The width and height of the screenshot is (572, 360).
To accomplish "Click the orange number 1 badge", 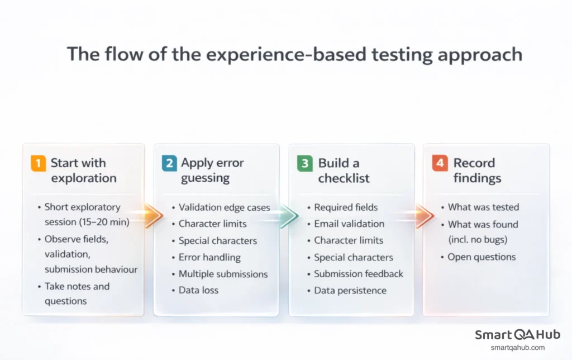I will (38, 163).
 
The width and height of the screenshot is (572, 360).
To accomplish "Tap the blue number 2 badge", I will (169, 163).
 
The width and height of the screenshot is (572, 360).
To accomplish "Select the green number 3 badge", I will (304, 163).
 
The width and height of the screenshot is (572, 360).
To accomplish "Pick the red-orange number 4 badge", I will (440, 163).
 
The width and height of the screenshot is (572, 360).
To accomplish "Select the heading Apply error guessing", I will (212, 170).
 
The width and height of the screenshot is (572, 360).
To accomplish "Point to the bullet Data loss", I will (198, 290).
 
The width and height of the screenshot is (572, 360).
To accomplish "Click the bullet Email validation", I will (349, 224).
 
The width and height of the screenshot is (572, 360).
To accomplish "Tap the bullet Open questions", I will (482, 257).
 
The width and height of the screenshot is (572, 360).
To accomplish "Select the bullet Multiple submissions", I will (223, 274).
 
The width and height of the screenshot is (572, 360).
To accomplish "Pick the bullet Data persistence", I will (350, 290).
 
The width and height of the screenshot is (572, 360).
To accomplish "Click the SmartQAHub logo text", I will (517, 335).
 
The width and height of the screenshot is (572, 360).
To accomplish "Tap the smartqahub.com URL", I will (517, 348).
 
